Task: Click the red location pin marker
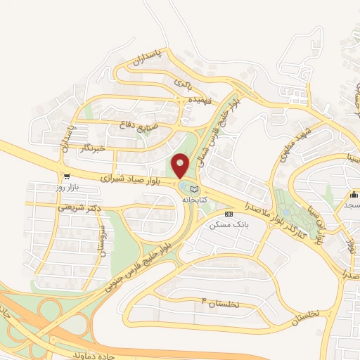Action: [181, 166]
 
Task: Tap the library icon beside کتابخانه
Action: [195, 189]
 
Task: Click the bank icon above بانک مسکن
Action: [227, 214]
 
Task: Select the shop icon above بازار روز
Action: [66, 177]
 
